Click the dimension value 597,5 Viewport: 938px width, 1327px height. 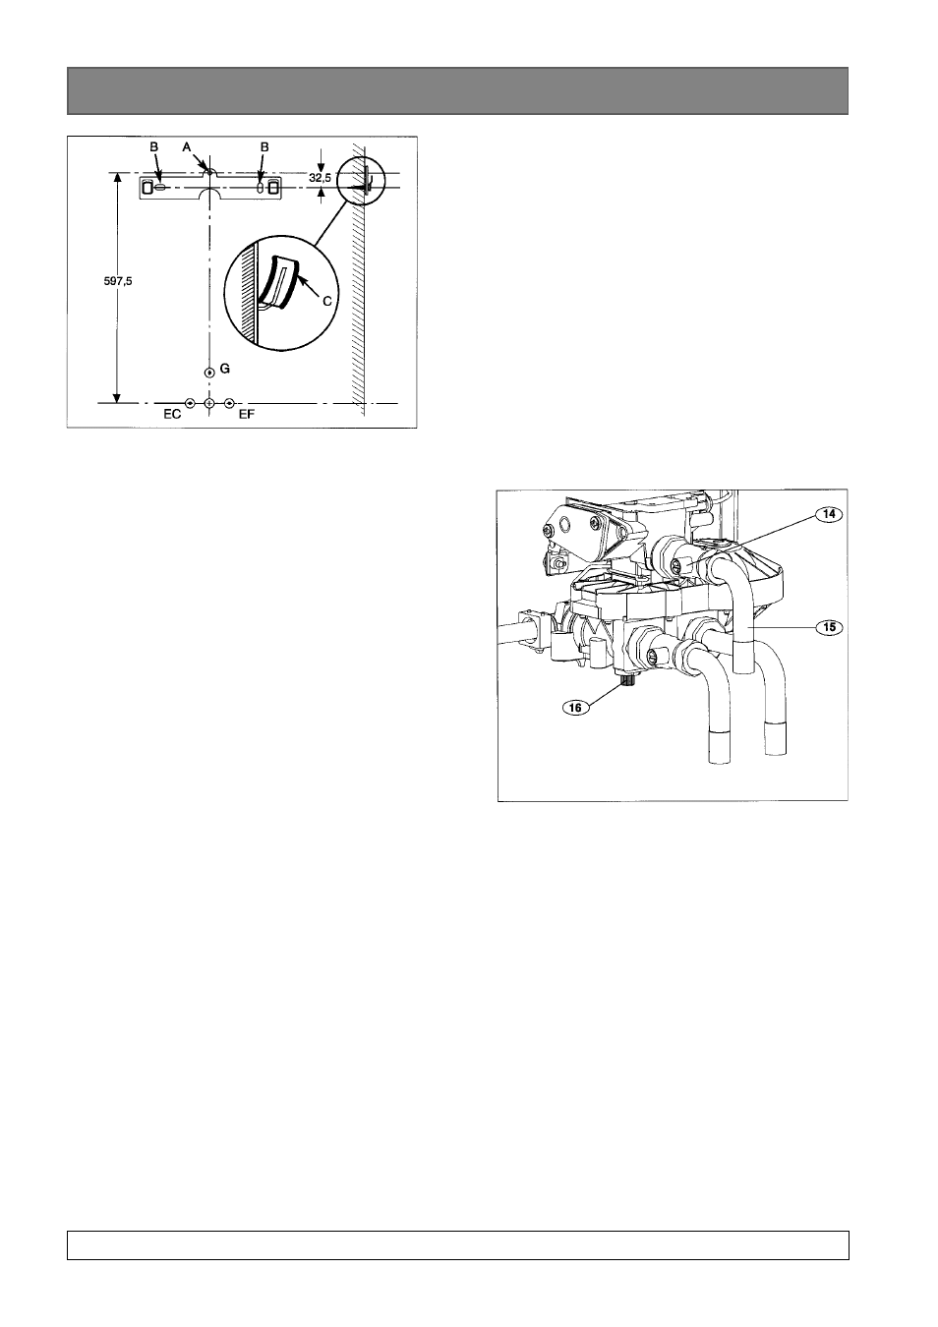tap(118, 281)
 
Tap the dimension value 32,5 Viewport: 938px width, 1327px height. tap(320, 177)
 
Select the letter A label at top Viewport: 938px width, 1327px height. tap(187, 146)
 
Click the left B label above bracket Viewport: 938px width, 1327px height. tap(154, 146)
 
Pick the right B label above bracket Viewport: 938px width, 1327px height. tap(264, 146)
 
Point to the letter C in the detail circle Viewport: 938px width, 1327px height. tap(327, 301)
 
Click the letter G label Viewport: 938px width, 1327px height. tap(224, 369)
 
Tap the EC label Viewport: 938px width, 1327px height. tap(172, 415)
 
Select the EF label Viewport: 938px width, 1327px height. tap(247, 415)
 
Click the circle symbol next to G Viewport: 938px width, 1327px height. tap(209, 373)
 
